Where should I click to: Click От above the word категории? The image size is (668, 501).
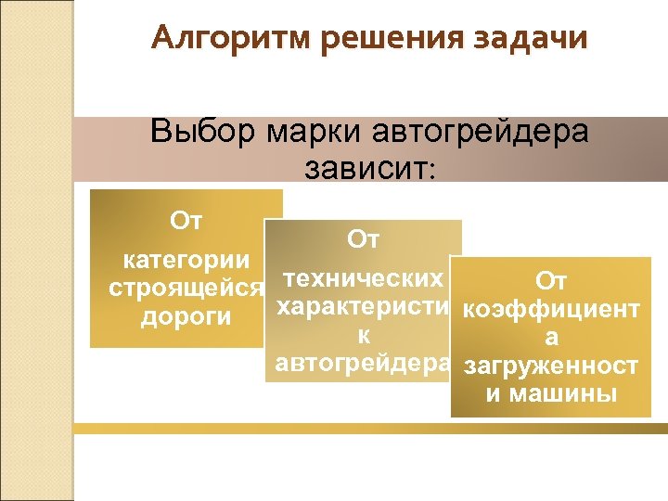[187, 221]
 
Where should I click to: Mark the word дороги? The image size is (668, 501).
[186, 317]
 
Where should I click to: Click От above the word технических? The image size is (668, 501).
[364, 240]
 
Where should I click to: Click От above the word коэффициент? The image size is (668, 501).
[550, 281]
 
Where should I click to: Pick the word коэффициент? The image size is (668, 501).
[550, 310]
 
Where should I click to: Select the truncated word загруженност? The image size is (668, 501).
[550, 366]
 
